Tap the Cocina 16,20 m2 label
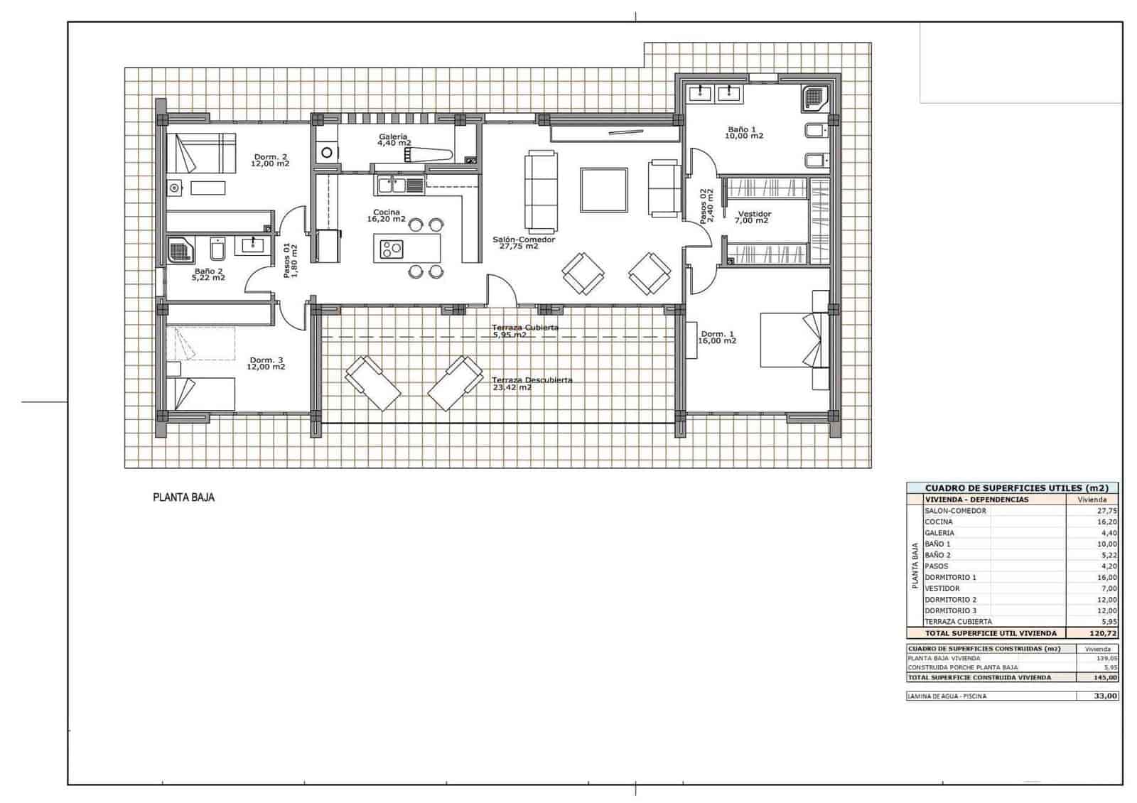tap(386, 215)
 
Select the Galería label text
tap(393, 136)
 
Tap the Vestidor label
tap(754, 217)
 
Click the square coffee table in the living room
tap(603, 190)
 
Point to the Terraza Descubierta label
tap(532, 384)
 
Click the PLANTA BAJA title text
tap(183, 497)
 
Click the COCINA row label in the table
tap(938, 522)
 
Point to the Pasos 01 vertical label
tap(290, 260)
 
